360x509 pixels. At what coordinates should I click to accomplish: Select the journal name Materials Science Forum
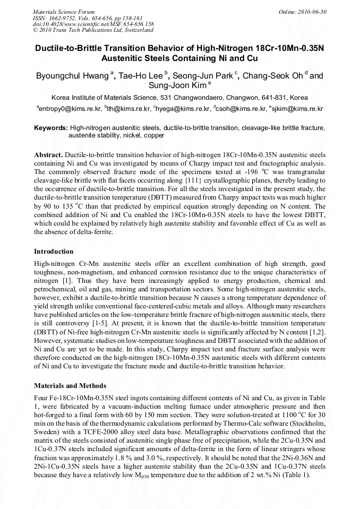(64, 11)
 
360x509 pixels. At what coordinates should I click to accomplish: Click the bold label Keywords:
(51, 128)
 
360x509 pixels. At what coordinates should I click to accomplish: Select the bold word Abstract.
(48, 154)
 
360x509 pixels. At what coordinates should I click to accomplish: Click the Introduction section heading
(54, 252)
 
